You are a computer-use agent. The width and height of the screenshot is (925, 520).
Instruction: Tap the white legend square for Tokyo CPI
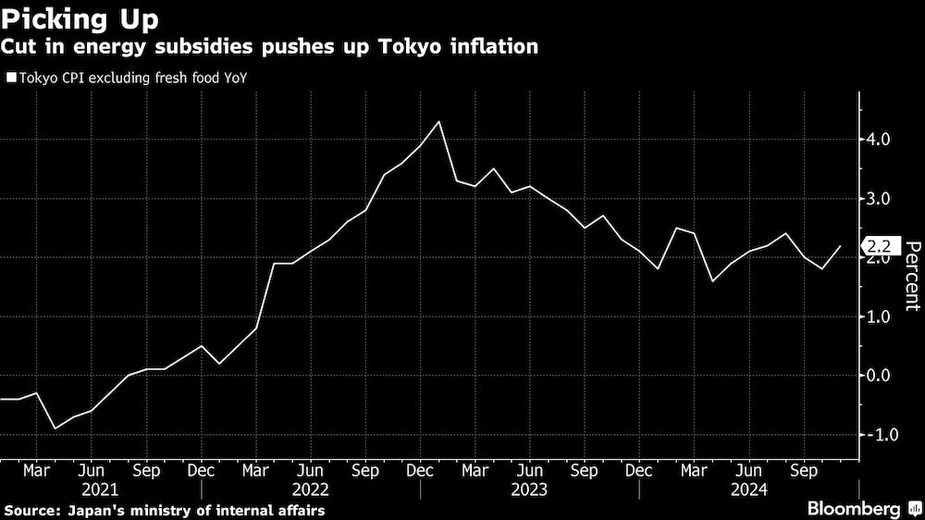tap(10, 78)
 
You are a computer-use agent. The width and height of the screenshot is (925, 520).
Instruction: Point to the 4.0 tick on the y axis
tap(878, 140)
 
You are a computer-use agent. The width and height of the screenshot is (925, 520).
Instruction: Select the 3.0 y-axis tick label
tap(878, 199)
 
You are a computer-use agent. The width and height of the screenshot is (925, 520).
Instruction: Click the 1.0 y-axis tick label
tap(878, 316)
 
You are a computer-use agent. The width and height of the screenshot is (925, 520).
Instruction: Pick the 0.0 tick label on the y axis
tap(878, 376)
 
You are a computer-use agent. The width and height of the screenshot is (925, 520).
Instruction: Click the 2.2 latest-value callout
tap(880, 246)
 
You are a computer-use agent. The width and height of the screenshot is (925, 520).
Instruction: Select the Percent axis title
tap(911, 275)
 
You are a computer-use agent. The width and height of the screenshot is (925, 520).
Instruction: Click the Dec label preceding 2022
tap(201, 470)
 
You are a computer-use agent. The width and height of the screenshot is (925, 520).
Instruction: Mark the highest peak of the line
tap(438, 121)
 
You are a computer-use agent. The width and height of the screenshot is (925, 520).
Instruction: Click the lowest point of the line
tap(55, 428)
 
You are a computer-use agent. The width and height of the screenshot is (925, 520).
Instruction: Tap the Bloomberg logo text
tap(855, 509)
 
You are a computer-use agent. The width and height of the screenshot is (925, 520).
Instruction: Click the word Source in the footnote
tap(31, 510)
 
